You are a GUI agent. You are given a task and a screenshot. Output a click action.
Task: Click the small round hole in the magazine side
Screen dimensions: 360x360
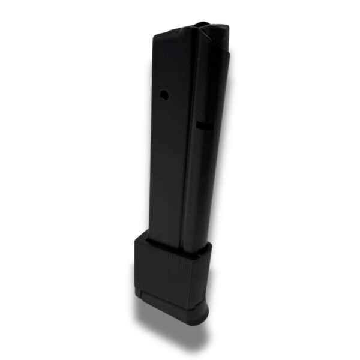tap(163, 94)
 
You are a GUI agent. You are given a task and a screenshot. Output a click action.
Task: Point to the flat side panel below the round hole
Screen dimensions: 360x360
tap(168, 168)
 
